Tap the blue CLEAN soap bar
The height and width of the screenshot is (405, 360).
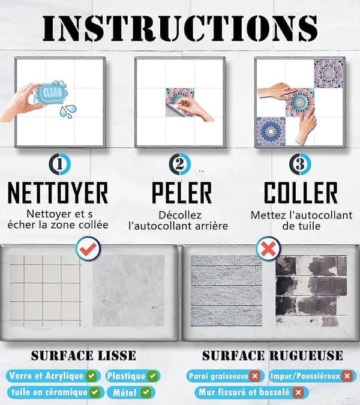[x=51, y=93]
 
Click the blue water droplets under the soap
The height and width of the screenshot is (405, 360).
[x=68, y=112]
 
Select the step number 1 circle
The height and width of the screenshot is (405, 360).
[x=59, y=164]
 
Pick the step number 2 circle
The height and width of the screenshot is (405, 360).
[x=180, y=164]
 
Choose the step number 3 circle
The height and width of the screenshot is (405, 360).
[x=300, y=164]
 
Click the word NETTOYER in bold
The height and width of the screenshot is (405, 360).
[x=58, y=193]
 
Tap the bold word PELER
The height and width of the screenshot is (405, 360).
[x=182, y=193]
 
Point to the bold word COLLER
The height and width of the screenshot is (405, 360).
[x=301, y=193]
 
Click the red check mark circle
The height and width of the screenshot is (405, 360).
[x=88, y=249]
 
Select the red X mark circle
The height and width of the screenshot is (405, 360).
[x=268, y=249]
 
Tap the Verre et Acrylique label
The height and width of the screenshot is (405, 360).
[x=53, y=376]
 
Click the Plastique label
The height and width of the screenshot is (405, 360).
[x=133, y=376]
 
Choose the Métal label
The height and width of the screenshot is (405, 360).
[x=131, y=392]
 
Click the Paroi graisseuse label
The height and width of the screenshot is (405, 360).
[x=225, y=376]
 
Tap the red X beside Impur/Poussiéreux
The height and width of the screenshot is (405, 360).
[x=347, y=376]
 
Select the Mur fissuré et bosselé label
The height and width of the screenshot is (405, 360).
[x=251, y=392]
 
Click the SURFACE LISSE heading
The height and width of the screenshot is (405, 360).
[x=83, y=356]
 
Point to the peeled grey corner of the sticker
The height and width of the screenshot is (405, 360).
[x=171, y=111]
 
